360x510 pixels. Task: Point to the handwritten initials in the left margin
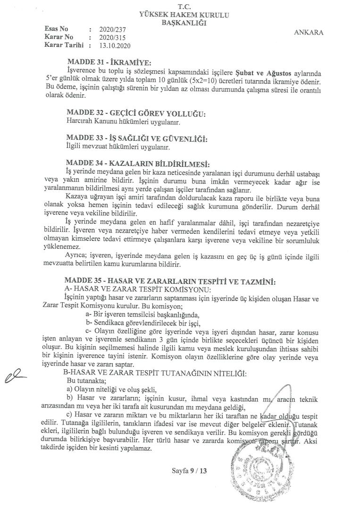(x=14, y=376)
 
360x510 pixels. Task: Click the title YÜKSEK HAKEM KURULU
(x=181, y=15)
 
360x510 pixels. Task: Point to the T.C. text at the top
(x=181, y=7)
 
